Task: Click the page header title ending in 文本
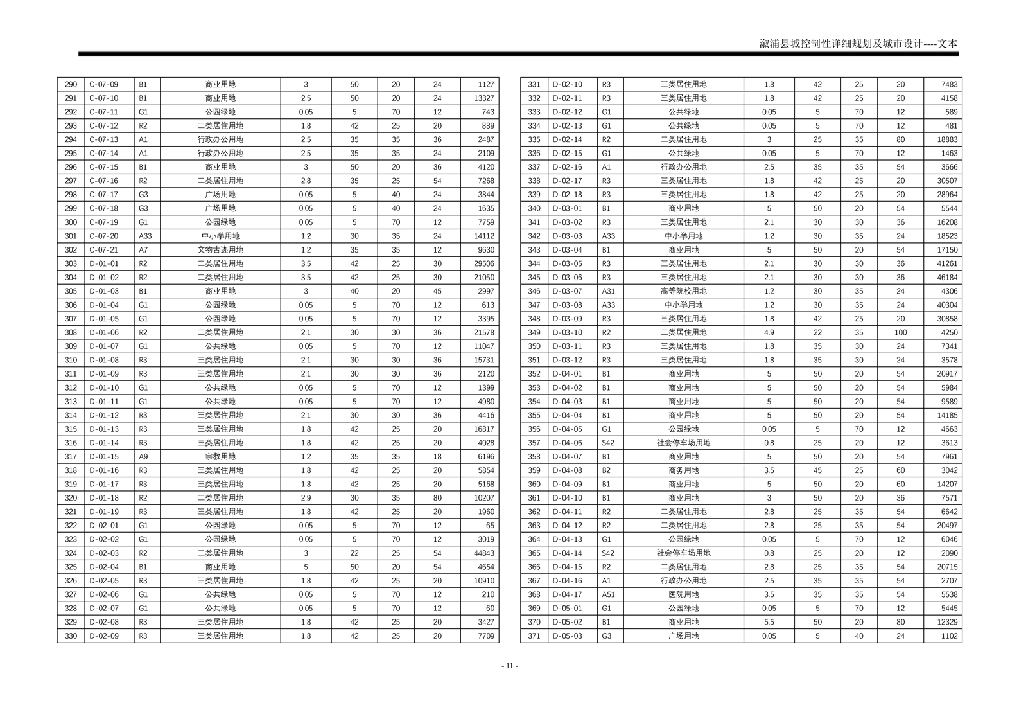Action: [x=858, y=44]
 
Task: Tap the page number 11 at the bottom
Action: [x=509, y=666]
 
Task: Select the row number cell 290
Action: [x=71, y=84]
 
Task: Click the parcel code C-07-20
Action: [x=103, y=236]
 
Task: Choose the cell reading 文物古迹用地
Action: [x=220, y=250]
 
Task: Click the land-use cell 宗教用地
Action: [x=220, y=457]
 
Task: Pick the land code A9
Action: [x=144, y=457]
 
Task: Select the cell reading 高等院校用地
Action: [x=683, y=291]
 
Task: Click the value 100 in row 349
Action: [x=900, y=333]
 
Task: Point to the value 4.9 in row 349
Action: [x=769, y=333]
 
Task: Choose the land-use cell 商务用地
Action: [x=683, y=470]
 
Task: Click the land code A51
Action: [x=608, y=594]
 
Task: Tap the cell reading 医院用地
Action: [x=683, y=594]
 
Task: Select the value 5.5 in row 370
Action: [x=769, y=622]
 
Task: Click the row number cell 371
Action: [x=534, y=636]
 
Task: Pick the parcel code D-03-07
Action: [x=567, y=291]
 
